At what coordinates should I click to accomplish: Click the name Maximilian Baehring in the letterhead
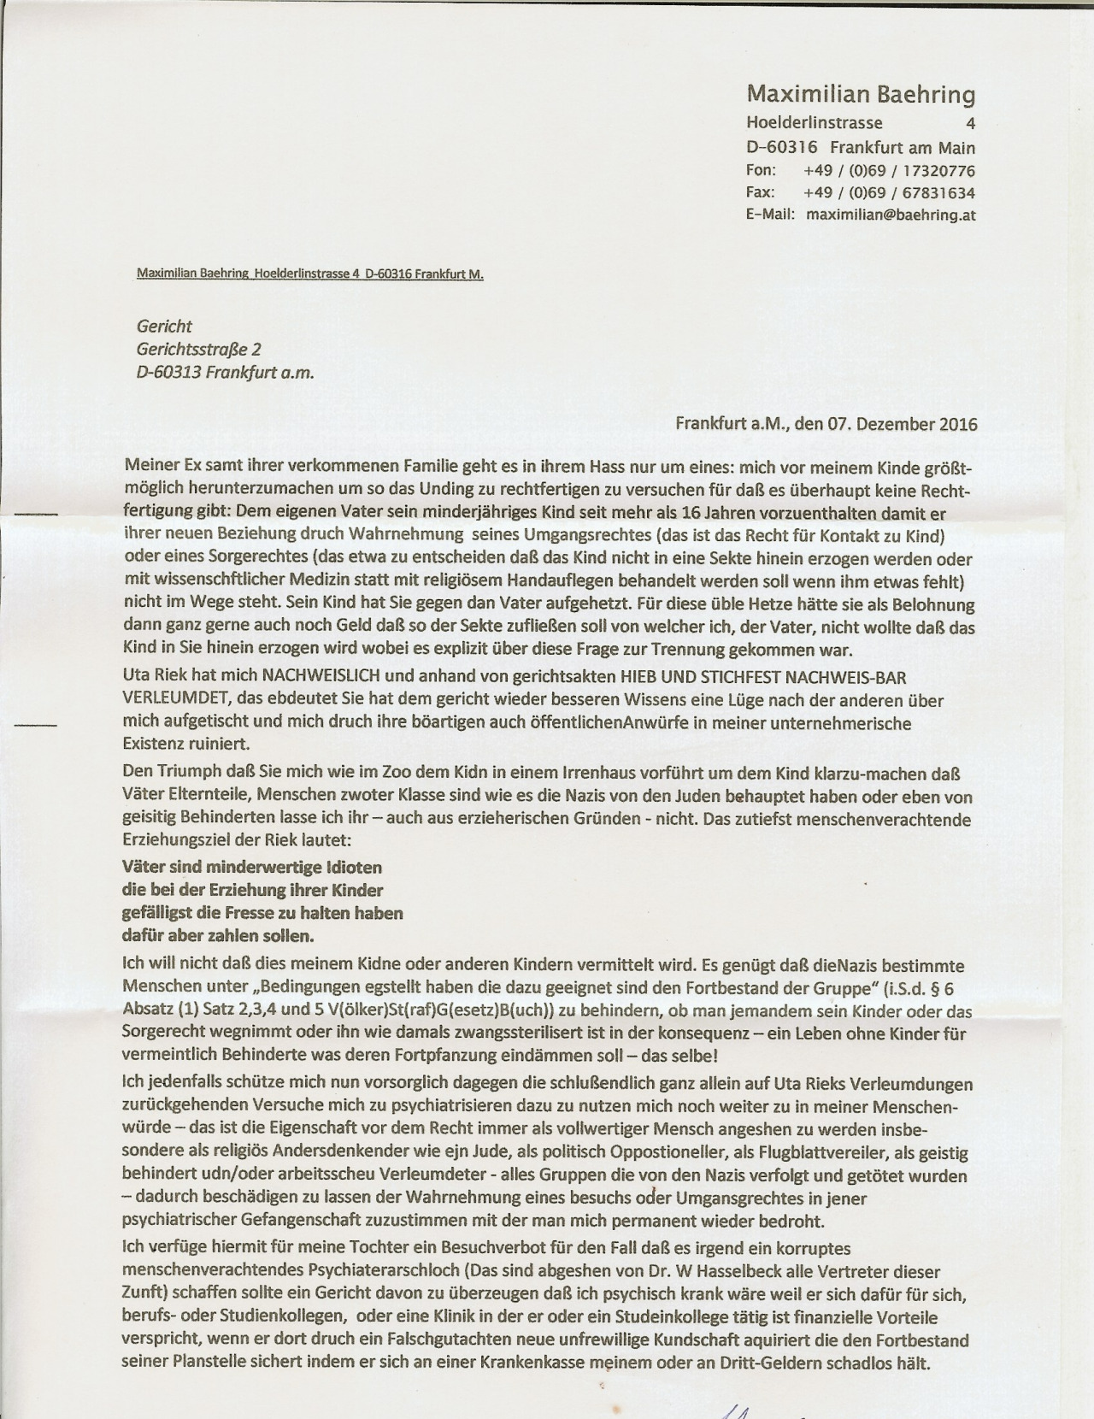tap(861, 94)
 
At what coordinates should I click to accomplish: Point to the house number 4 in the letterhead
tap(970, 123)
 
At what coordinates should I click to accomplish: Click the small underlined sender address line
tap(310, 274)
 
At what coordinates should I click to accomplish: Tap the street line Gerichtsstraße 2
tap(198, 349)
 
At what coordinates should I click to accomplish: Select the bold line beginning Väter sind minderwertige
tap(252, 867)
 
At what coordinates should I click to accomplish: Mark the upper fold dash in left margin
tap(38, 515)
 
